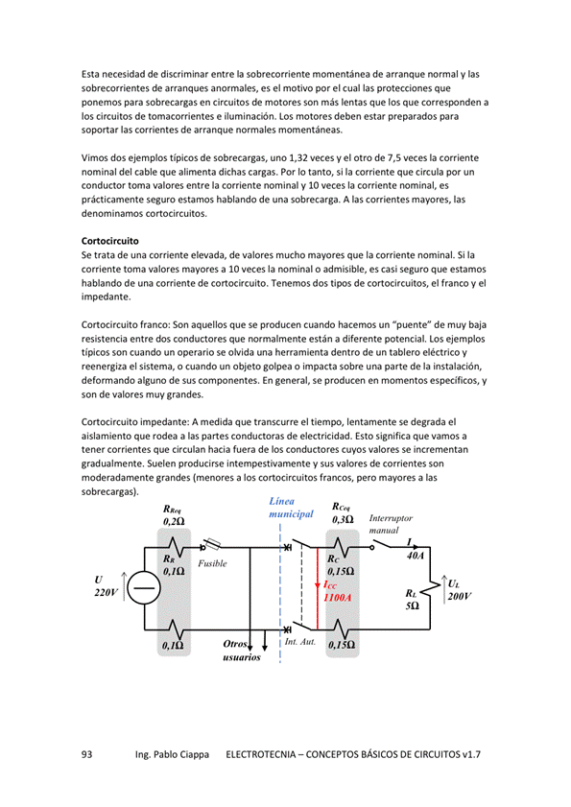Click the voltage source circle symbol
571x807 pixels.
point(144,588)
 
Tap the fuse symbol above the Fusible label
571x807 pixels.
point(213,543)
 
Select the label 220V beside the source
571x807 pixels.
point(107,592)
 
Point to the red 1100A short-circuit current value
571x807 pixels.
point(337,598)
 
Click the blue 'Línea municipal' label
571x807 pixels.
point(291,508)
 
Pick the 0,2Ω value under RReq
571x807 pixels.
point(174,521)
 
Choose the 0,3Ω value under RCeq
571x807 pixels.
point(343,520)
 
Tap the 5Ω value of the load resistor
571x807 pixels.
point(413,605)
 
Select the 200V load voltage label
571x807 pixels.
point(460,596)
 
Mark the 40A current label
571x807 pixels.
point(415,556)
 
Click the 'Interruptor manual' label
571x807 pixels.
point(391,524)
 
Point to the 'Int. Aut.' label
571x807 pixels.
point(300,642)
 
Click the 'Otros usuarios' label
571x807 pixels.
point(242,651)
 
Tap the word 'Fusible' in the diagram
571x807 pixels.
point(212,563)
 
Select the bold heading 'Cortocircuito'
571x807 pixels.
point(110,241)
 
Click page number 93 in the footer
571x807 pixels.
point(86,754)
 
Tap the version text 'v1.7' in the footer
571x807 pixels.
point(471,754)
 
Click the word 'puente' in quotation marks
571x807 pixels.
point(412,325)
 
